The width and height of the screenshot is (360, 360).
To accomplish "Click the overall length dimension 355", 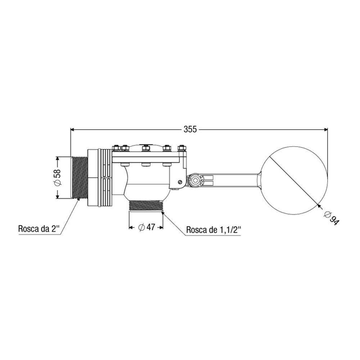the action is coord(190,130).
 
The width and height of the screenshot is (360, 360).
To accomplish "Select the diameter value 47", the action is coord(150,227).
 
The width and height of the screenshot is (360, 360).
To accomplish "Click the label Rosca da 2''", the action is coord(39,229).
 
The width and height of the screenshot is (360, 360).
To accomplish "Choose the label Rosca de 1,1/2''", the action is coord(214,230).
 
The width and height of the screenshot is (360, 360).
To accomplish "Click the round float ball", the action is coord(294,181).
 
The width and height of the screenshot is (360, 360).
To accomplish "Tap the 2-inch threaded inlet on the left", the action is coord(79,177).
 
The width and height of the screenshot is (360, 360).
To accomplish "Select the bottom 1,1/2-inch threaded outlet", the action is coord(146,206).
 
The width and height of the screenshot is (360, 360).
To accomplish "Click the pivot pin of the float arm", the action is coord(195,180).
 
